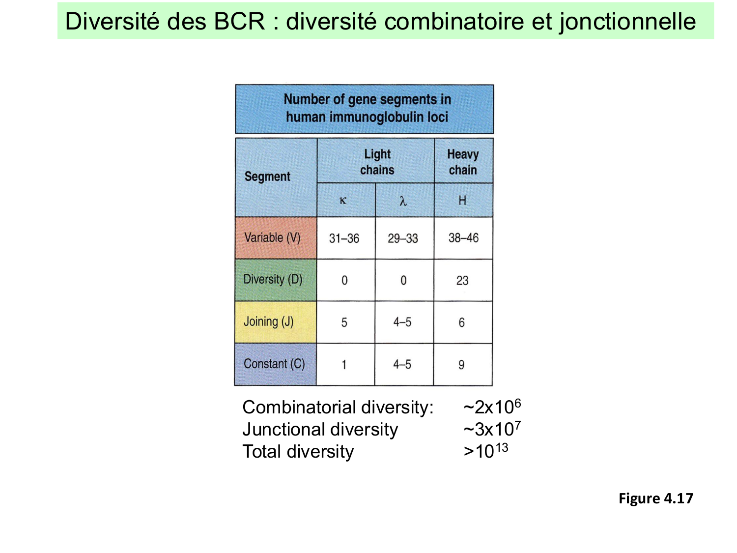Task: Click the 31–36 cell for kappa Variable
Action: pos(344,238)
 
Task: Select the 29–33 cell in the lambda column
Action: pos(402,238)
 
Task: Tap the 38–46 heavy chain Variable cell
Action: pos(463,238)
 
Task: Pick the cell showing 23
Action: pos(462,280)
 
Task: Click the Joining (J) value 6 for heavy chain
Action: pos(461,322)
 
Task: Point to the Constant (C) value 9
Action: pos(461,365)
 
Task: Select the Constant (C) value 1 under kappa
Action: pos(344,365)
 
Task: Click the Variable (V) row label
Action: pos(272,238)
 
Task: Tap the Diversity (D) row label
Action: pos(273,280)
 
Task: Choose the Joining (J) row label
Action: pos(269,322)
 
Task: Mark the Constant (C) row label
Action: pos(274,364)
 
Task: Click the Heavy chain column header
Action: pos(463,162)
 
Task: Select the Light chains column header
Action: pos(377,162)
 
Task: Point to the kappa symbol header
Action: pos(343,201)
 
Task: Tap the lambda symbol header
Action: pos(403,201)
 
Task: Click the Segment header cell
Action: pos(267,176)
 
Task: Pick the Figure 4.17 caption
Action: pos(655,498)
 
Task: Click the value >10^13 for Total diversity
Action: pos(485,451)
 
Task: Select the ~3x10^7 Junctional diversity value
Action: pos(491,429)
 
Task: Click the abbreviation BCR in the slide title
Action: pos(239,22)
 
